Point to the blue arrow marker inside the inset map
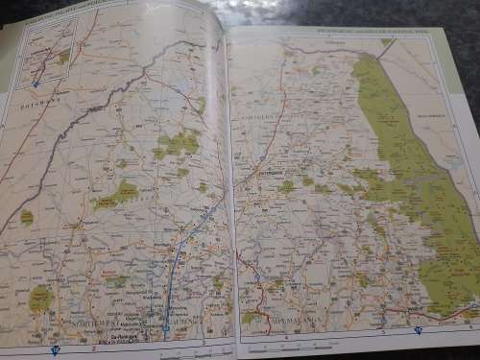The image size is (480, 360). coord(36,84)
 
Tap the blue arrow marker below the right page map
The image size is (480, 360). coord(419,331)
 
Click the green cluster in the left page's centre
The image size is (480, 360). coord(178,144)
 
